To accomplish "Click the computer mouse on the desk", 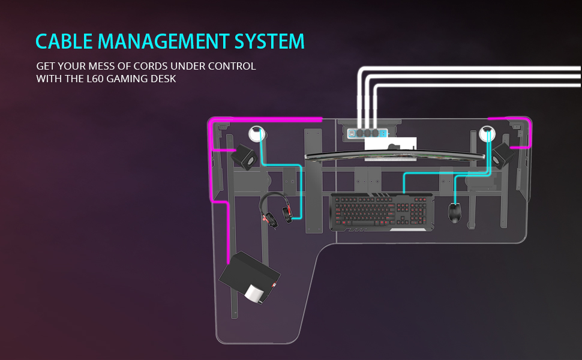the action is point(455,213).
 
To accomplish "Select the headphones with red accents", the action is point(277,211).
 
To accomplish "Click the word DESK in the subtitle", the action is point(164,78).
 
